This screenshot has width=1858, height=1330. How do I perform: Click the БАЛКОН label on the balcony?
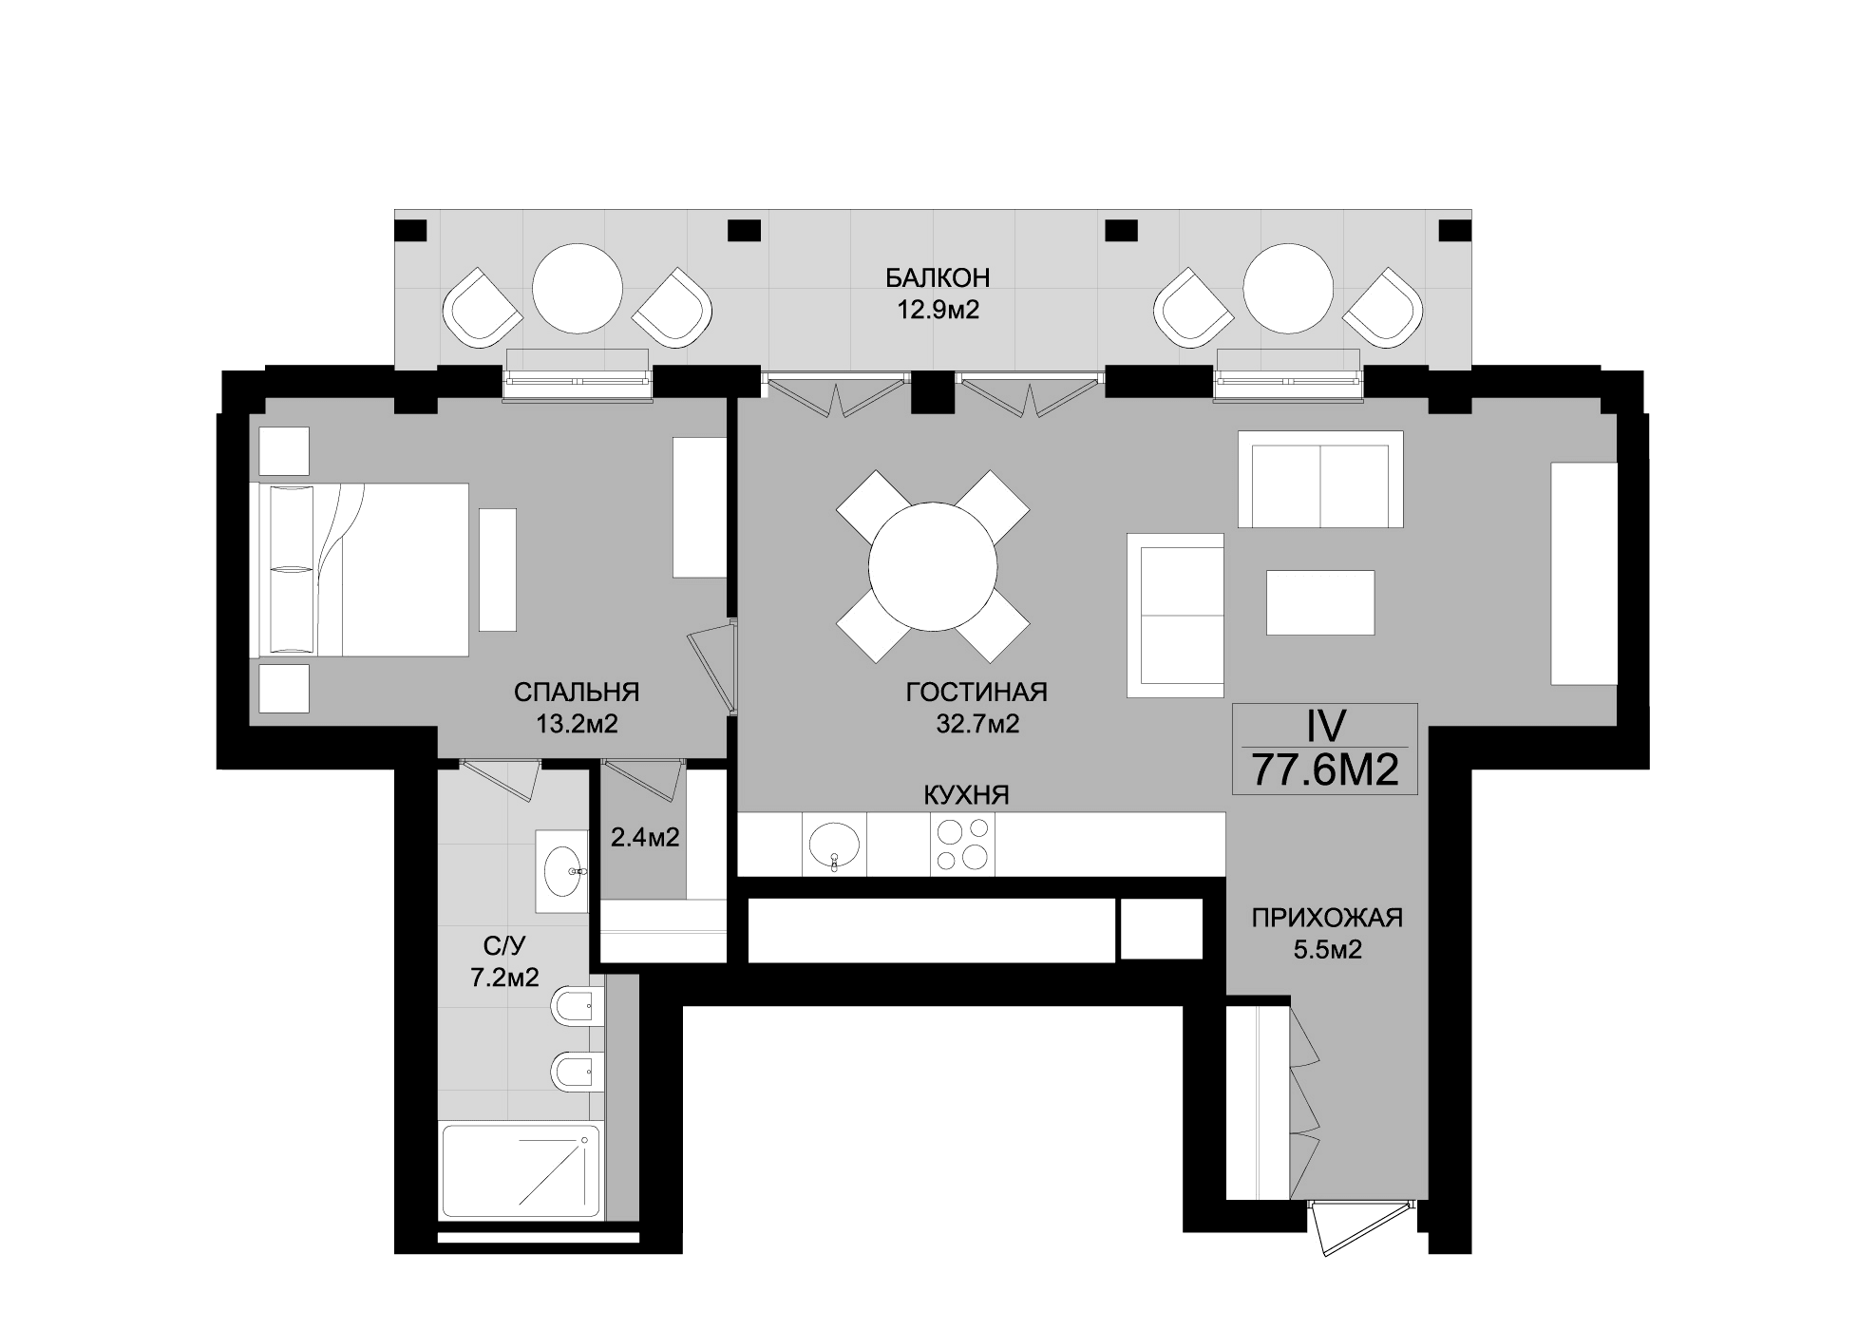[x=937, y=277]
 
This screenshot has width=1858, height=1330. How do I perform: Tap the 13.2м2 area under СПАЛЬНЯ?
[x=577, y=725]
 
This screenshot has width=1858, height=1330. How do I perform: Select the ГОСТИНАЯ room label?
[x=976, y=692]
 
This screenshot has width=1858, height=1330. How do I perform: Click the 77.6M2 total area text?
[x=1324, y=769]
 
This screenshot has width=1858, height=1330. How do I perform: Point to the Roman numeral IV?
[x=1324, y=727]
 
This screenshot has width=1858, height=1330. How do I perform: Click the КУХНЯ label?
[x=966, y=795]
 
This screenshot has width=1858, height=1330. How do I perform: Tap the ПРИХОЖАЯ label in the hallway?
[x=1326, y=918]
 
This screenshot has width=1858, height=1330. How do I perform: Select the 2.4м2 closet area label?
[x=644, y=838]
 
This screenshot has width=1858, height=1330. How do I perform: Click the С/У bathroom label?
[x=504, y=945]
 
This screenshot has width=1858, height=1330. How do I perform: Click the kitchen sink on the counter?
[x=834, y=844]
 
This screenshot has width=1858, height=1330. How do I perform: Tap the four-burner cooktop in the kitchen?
[x=962, y=845]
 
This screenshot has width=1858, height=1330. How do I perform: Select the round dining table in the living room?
[x=933, y=567]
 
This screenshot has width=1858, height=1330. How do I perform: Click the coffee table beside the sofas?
[x=1319, y=602]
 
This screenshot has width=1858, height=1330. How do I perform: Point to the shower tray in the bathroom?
[x=521, y=1171]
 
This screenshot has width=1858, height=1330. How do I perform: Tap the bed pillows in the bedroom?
[x=292, y=568]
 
